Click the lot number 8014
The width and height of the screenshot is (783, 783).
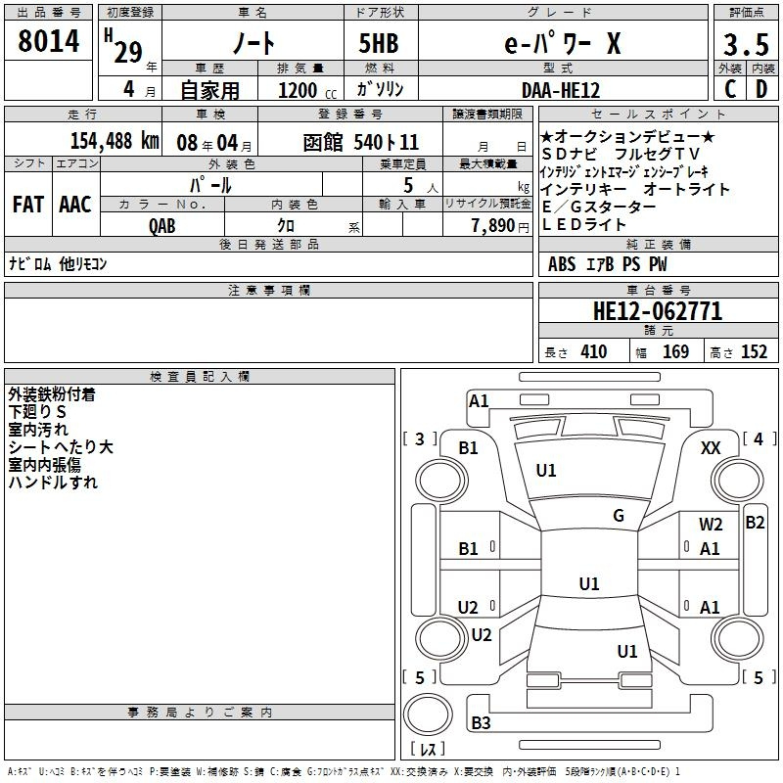point(48,40)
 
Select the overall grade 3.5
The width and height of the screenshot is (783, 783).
point(746,45)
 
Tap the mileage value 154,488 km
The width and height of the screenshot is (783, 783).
point(115,141)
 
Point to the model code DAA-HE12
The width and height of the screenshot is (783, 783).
point(560,90)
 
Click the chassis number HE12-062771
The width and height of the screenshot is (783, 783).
point(658,311)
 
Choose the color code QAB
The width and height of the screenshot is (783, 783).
point(161,226)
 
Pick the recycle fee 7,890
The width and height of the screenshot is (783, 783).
point(493,226)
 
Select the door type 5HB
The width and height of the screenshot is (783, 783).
point(379,43)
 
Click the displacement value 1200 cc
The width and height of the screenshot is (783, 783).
point(307,90)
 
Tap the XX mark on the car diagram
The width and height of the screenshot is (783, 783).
point(711,448)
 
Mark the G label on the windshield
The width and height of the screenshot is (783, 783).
point(619,516)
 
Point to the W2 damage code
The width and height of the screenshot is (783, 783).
point(711,525)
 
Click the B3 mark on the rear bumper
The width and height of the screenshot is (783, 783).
point(481,722)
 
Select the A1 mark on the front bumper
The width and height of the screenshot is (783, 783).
point(479,401)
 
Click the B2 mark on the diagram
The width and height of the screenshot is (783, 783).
point(755,523)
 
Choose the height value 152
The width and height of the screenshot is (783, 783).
point(754,352)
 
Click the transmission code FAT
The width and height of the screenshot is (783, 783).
point(28,205)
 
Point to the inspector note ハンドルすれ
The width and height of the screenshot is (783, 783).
point(53,483)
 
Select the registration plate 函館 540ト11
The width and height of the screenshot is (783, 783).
point(360,143)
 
